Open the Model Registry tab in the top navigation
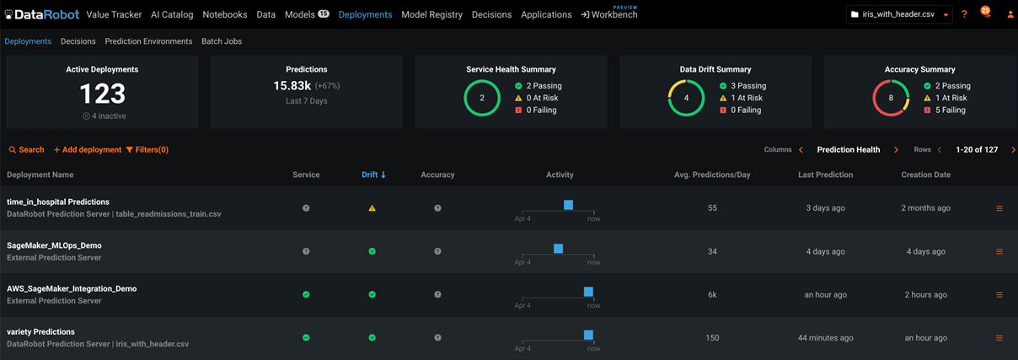(431, 14)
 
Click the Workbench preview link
(609, 14)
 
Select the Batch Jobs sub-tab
(222, 41)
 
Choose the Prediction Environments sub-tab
(148, 41)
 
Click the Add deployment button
(88, 149)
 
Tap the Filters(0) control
(147, 149)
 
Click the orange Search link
(26, 149)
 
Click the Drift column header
(373, 175)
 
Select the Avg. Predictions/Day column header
(712, 175)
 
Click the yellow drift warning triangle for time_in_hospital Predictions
(372, 208)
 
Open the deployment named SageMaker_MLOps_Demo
(54, 245)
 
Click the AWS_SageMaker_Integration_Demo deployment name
(72, 288)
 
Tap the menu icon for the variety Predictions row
(999, 338)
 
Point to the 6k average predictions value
(712, 294)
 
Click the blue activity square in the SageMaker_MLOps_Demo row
(558, 248)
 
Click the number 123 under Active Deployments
(102, 94)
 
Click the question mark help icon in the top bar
(964, 14)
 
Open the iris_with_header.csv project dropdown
(899, 14)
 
